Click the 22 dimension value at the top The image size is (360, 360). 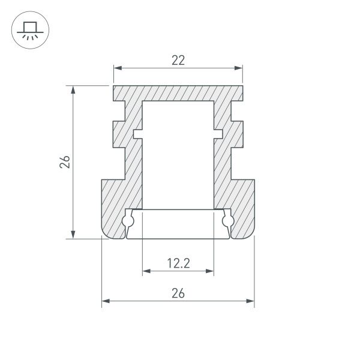(178, 60)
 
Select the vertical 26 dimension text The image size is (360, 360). (65, 162)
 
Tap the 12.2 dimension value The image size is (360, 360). (178, 263)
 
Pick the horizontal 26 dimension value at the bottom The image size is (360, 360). (178, 293)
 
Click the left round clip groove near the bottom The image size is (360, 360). (128, 221)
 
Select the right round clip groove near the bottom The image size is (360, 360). (227, 221)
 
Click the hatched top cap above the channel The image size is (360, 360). (178, 93)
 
